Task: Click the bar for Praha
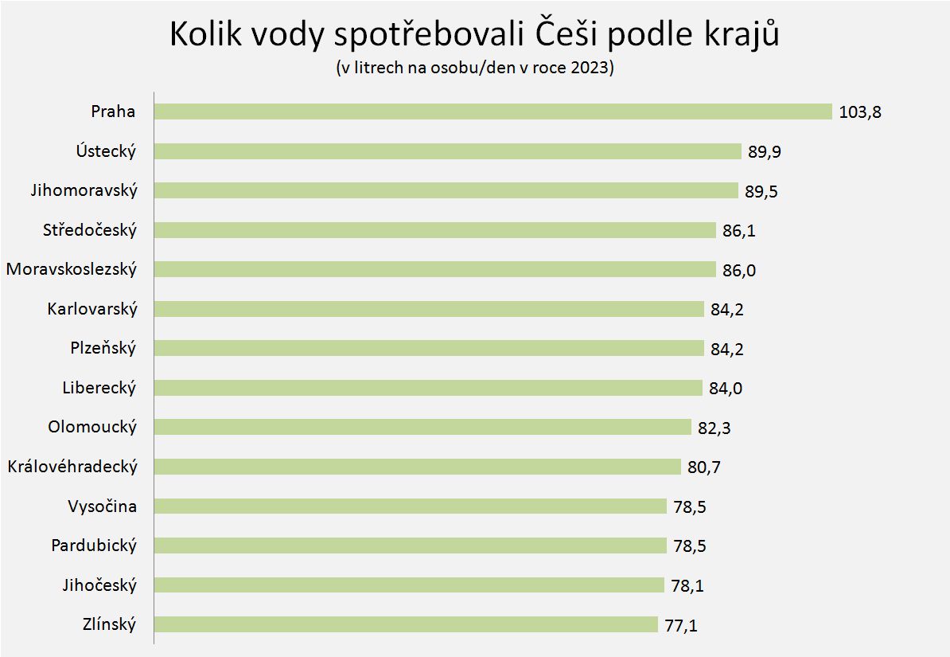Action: pos(493,111)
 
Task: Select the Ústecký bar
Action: pos(447,151)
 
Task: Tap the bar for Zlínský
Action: pos(406,624)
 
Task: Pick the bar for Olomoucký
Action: pos(422,427)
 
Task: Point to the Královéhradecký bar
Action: pos(417,467)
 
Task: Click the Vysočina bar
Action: pos(410,506)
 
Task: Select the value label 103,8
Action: pos(860,112)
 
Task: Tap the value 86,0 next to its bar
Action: pos(739,270)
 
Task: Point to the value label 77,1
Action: pos(681,625)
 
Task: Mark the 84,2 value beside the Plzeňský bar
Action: pos(727,349)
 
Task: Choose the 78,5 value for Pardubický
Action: pos(689,546)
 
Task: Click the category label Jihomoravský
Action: pos(84,191)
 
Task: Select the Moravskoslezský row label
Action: pos(72,269)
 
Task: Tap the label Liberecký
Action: pos(99,388)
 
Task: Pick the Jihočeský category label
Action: pos(99,585)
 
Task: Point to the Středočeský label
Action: pos(90,230)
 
